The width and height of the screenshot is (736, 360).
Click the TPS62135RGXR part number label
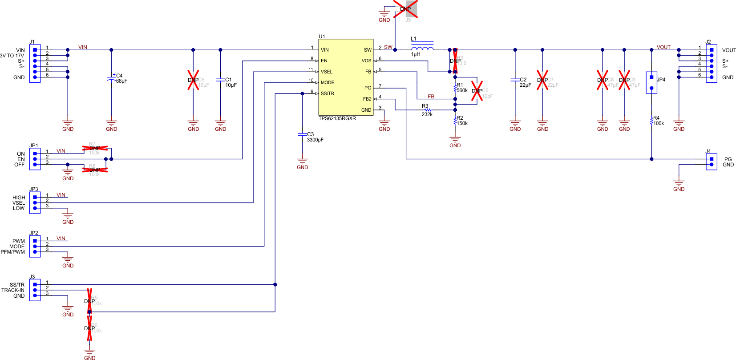tap(337, 118)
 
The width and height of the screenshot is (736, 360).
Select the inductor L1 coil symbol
tap(422, 49)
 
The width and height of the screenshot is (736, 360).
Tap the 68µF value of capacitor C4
tap(121, 81)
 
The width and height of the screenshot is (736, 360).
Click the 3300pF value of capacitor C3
tap(315, 140)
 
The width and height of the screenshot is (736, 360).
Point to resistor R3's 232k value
tap(427, 114)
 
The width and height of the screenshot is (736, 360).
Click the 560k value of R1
tap(462, 90)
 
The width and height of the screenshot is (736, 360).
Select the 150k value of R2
tap(462, 123)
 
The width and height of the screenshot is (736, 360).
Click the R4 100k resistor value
tap(658, 123)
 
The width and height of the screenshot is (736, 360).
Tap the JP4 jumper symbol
tap(651, 83)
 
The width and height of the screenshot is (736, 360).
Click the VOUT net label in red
tap(663, 47)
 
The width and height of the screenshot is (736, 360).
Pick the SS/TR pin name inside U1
tap(327, 93)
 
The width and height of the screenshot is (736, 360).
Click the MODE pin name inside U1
tap(327, 82)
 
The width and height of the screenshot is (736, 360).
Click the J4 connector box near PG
tap(711, 162)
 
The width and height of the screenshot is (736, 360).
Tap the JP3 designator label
tap(34, 189)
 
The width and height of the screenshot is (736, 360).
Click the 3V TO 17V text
tap(12, 56)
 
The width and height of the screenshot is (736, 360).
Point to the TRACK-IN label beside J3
tap(13, 290)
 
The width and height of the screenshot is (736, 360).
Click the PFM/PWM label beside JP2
tap(13, 252)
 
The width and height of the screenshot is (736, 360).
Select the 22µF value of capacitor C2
tap(525, 85)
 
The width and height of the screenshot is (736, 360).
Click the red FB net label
tap(431, 97)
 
